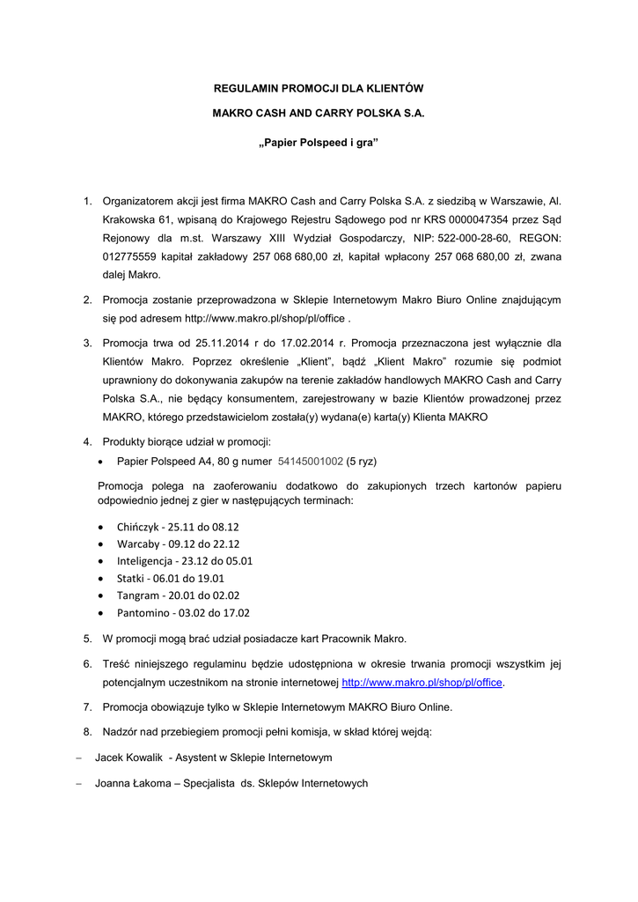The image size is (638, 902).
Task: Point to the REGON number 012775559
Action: (129, 256)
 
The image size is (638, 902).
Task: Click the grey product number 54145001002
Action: (310, 461)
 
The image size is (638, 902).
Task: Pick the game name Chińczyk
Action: (137, 527)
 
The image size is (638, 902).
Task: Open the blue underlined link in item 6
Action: (422, 683)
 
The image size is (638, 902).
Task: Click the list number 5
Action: (87, 639)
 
